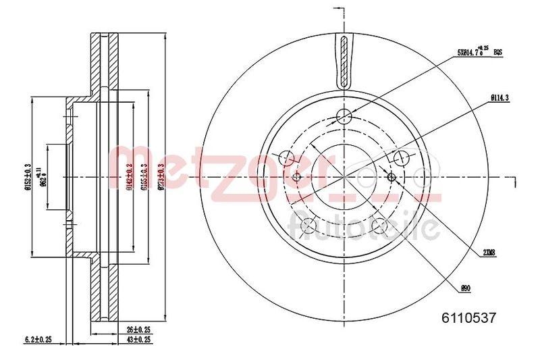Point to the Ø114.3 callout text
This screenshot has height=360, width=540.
click(500, 97)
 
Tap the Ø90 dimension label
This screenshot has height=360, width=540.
click(465, 288)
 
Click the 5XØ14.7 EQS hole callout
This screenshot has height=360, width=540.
click(479, 51)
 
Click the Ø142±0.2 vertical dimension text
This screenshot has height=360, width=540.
click(128, 177)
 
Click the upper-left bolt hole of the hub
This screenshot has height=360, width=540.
click(286, 159)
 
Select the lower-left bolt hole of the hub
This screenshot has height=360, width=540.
click(308, 226)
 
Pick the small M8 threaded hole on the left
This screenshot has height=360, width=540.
click(297, 177)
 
